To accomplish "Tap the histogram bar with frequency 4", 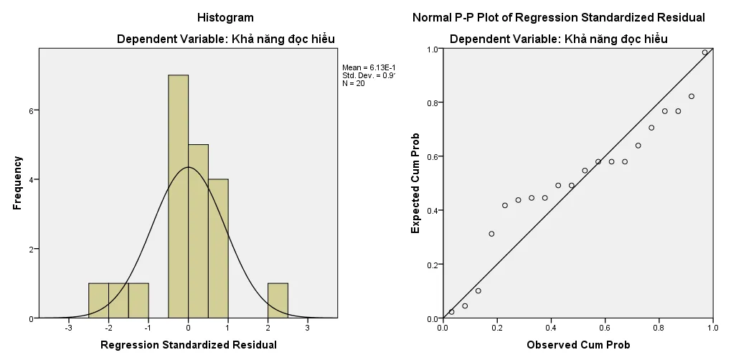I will [x=218, y=248].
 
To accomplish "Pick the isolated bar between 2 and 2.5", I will [x=278, y=300].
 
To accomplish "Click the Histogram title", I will [x=225, y=17].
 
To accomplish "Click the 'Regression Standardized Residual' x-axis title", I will [x=188, y=345].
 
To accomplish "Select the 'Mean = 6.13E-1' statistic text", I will [x=369, y=67].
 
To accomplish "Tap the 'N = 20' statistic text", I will [x=354, y=83].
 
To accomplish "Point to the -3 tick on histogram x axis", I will [x=68, y=328].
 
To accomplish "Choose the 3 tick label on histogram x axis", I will [x=307, y=328].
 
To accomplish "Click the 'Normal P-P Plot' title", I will [x=558, y=17].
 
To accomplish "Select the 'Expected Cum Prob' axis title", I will [x=415, y=183].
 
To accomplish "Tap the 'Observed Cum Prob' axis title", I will [x=578, y=345].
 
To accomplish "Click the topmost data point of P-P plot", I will [x=704, y=52].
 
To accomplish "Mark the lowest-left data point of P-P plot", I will [x=451, y=312].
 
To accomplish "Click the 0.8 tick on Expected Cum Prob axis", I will [x=433, y=103].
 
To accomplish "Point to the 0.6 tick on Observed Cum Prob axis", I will [x=605, y=328].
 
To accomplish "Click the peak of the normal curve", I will [x=188, y=167].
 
